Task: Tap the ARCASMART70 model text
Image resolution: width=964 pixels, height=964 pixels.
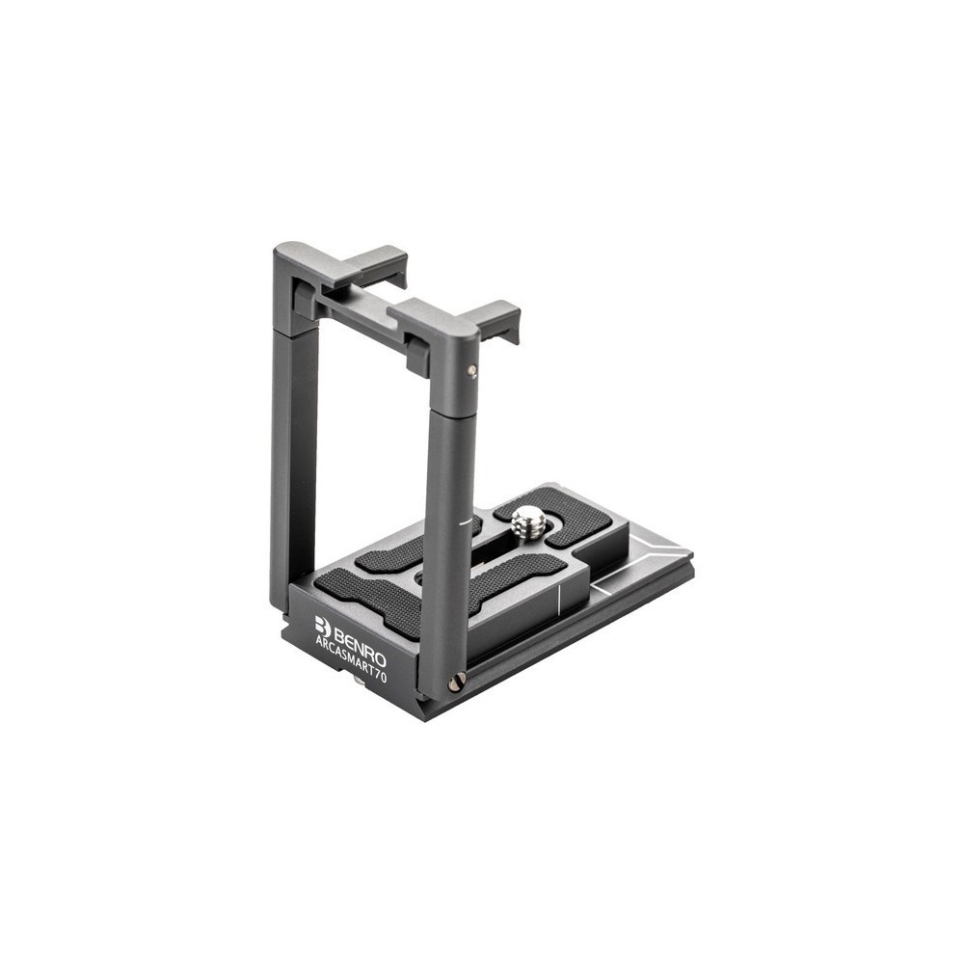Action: tap(351, 659)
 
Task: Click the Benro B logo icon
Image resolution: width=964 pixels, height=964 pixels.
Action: tap(323, 626)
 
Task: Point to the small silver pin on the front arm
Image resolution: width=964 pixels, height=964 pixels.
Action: tap(471, 370)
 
